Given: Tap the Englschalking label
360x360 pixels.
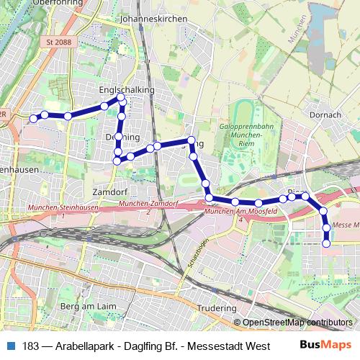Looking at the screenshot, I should pos(127,89).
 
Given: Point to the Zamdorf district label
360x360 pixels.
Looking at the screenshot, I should pos(110,192).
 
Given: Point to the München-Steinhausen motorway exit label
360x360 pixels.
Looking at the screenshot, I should pos(59,208).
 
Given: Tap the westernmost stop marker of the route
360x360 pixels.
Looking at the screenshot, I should pos(32,118).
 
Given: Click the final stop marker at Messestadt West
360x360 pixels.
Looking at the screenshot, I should pos(325,244).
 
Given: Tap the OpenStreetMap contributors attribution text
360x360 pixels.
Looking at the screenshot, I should pos(297,323).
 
